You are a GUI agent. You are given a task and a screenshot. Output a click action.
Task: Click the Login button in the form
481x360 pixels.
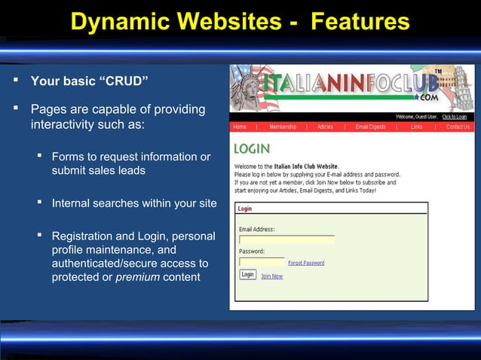[x=248, y=275]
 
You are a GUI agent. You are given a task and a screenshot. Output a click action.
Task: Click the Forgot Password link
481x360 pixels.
[x=306, y=263]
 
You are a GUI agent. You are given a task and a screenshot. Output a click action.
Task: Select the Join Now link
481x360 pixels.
[x=271, y=276]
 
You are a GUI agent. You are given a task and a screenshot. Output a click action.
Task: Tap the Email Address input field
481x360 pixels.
[x=286, y=239]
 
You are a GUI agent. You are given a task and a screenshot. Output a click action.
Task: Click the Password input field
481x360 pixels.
[x=262, y=262]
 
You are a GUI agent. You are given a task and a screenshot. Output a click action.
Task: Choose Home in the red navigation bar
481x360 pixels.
[x=240, y=127]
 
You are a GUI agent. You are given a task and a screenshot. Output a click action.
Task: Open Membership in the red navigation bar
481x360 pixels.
[x=283, y=127]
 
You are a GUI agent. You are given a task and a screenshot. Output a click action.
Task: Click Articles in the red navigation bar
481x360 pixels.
[x=325, y=127]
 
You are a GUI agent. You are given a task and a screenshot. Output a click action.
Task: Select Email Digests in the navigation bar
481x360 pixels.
[x=371, y=127]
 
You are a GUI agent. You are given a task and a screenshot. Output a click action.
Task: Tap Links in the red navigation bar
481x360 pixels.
[x=417, y=127]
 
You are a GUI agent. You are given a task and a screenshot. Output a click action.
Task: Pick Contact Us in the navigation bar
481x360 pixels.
[x=458, y=127]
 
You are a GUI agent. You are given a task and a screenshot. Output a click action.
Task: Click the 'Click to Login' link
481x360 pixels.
[x=455, y=117]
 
